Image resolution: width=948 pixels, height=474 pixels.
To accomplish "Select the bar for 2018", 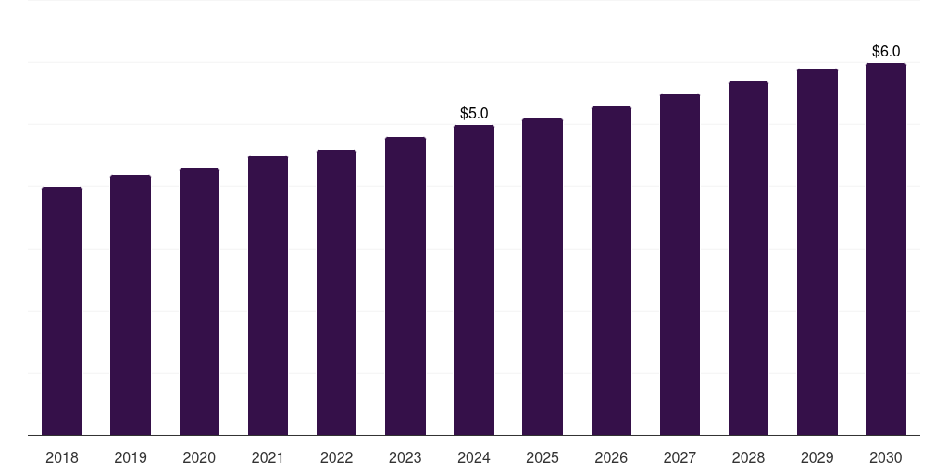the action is (x=62, y=311).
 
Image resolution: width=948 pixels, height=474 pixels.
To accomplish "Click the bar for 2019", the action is (x=131, y=306).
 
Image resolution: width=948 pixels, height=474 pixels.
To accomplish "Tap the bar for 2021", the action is (x=268, y=295).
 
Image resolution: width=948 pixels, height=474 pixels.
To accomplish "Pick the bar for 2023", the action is (x=405, y=286).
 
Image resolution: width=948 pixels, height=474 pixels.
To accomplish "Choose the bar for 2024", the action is (x=474, y=280).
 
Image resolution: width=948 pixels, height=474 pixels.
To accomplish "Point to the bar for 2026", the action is (x=611, y=271).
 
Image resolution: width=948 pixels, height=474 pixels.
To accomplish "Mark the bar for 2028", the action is (x=748, y=258).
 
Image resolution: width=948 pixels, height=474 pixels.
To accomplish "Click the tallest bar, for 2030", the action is (x=886, y=249).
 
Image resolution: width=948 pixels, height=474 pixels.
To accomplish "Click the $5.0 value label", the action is (x=474, y=113).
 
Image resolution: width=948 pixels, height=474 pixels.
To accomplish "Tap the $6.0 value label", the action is (x=886, y=52).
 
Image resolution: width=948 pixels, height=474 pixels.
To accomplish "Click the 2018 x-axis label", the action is (x=62, y=458).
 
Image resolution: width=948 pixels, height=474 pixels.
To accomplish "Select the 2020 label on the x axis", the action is (x=199, y=458).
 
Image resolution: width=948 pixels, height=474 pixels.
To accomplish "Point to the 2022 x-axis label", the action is (x=336, y=458).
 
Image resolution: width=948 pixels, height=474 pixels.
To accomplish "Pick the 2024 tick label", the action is (x=474, y=458).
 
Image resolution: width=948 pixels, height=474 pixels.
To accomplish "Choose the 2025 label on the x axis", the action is (x=543, y=458).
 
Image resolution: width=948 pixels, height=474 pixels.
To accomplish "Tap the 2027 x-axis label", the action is (x=680, y=458).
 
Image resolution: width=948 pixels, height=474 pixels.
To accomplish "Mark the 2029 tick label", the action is (x=817, y=458).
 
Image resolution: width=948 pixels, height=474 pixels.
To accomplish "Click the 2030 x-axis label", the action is (x=886, y=458).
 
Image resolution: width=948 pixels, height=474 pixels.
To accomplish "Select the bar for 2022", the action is (x=336, y=293).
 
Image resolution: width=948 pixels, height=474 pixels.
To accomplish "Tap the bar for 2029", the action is (x=817, y=252).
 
